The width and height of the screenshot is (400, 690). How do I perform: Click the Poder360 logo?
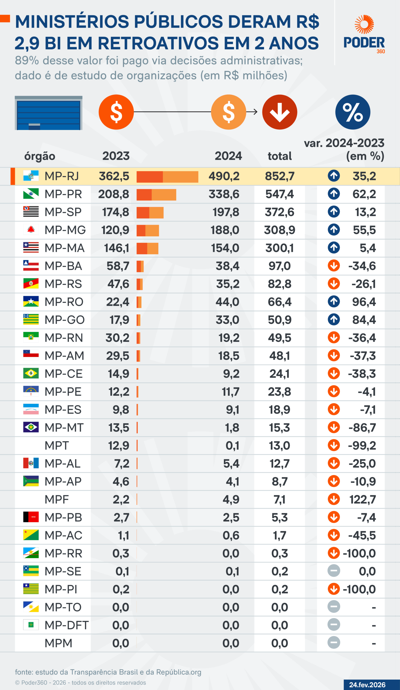[364, 34]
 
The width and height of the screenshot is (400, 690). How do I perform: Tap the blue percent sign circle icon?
[352, 112]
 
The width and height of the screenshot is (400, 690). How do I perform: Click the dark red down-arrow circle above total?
[279, 112]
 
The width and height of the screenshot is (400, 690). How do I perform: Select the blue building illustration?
[49, 113]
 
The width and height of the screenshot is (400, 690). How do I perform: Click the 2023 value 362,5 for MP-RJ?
[114, 176]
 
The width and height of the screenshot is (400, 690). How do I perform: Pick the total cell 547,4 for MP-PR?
[279, 194]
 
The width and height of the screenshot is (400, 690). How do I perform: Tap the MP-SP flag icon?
[31, 212]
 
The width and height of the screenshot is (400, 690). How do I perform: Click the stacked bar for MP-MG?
[147, 230]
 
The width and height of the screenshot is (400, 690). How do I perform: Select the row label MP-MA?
[65, 248]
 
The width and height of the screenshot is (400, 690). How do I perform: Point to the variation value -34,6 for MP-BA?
[362, 266]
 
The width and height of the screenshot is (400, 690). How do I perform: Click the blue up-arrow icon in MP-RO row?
[334, 301]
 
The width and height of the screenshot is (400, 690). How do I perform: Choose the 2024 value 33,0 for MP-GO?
[227, 320]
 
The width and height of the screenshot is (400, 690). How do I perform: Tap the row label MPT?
[56, 446]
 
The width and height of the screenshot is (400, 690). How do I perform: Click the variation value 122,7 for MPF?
[362, 499]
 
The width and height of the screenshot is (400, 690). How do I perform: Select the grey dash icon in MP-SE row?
[334, 571]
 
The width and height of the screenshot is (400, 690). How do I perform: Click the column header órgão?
[40, 156]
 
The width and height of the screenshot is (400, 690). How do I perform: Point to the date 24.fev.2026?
[367, 685]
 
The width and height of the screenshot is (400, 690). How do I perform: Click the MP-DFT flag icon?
[31, 625]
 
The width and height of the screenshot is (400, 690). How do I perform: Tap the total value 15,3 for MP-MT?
[279, 428]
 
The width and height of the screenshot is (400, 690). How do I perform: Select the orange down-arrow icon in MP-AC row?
[334, 535]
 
